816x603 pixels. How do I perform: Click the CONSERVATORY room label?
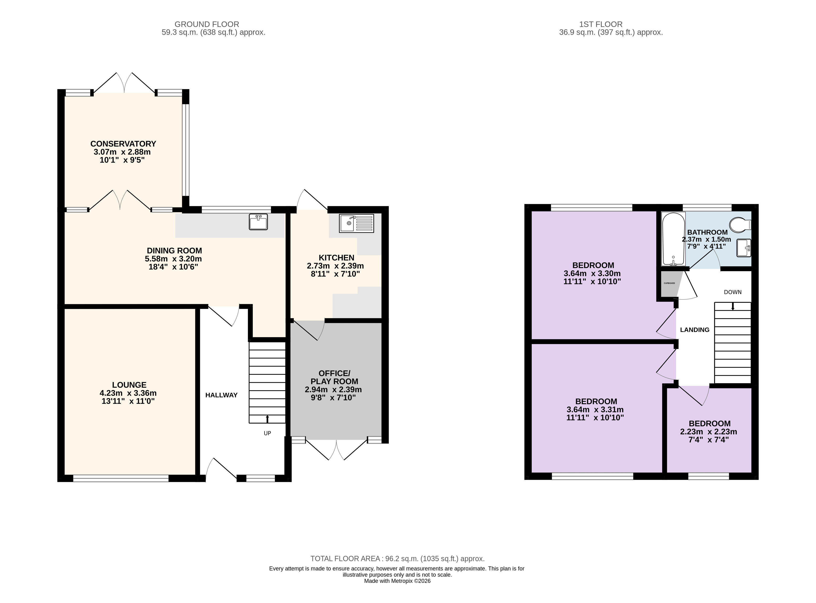(123, 144)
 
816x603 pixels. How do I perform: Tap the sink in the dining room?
(258, 222)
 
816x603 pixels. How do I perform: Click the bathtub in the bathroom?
(673, 239)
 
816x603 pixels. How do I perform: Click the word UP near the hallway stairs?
(268, 433)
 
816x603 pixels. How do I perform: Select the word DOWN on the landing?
(733, 292)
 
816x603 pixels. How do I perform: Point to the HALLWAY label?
(221, 395)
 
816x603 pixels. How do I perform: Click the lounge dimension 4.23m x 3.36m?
(128, 393)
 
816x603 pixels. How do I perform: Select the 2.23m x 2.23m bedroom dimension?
(709, 432)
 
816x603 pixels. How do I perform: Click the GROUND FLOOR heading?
(207, 24)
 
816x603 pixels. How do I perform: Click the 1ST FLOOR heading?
(601, 24)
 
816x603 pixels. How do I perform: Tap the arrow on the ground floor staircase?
(268, 419)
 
